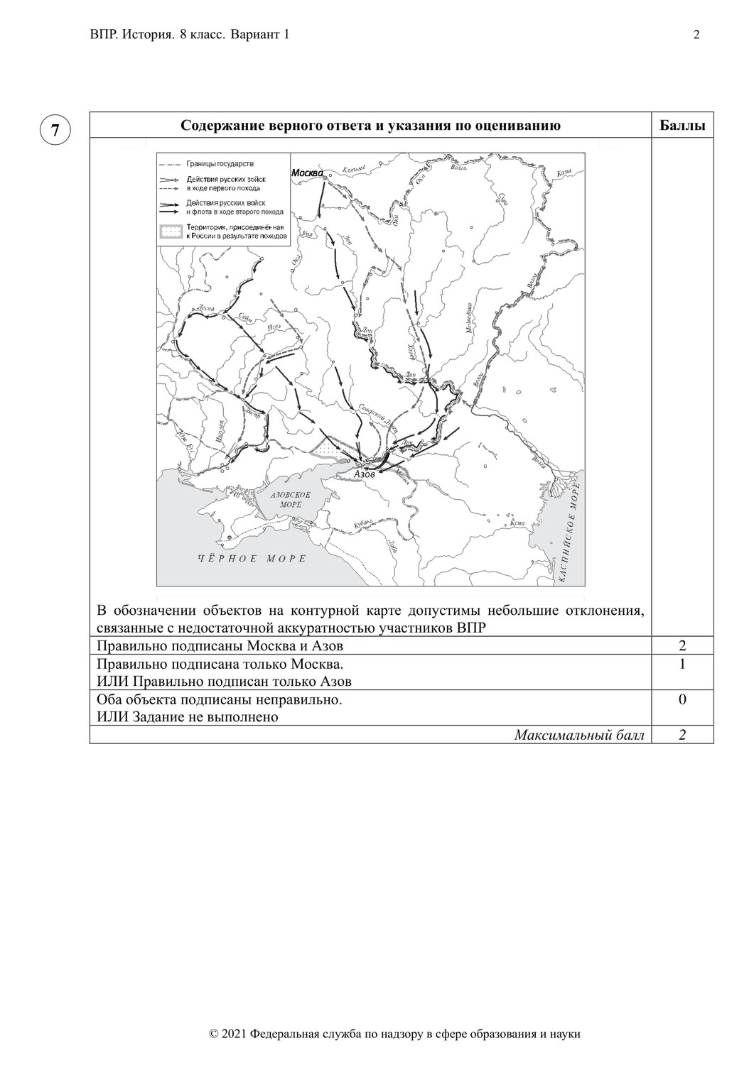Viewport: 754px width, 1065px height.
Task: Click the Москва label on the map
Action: click(x=307, y=173)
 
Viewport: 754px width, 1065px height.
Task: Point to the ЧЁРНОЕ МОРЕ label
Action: click(x=252, y=559)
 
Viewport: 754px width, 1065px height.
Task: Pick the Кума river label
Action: click(x=519, y=523)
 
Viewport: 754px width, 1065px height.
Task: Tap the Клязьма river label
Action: click(x=352, y=170)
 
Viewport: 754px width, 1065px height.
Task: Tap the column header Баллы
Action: click(x=682, y=126)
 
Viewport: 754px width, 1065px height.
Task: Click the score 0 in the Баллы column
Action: click(x=682, y=699)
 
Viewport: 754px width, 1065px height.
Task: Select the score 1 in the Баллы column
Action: click(x=682, y=664)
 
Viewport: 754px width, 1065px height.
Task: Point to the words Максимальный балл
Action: click(x=579, y=736)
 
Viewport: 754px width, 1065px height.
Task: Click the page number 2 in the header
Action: click(x=696, y=35)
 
